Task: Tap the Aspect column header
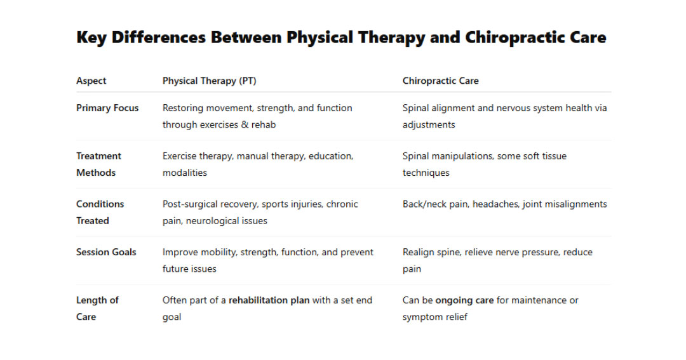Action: [x=91, y=81]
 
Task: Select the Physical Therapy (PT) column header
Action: [x=209, y=81]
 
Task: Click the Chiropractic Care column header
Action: [x=441, y=81]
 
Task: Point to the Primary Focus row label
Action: [x=107, y=108]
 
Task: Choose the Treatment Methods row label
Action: [x=98, y=164]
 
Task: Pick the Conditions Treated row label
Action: [x=100, y=213]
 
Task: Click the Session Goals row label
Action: [x=106, y=253]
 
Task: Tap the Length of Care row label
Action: [x=97, y=309]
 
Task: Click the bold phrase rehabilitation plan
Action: [x=269, y=300]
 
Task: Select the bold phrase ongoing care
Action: [x=464, y=301]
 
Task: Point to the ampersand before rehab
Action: [x=245, y=124]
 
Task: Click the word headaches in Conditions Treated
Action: [x=495, y=204]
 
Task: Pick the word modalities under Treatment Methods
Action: [x=185, y=173]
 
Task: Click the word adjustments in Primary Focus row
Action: [x=429, y=125]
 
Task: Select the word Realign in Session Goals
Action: [x=417, y=253]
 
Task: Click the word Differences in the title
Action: [x=159, y=37]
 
